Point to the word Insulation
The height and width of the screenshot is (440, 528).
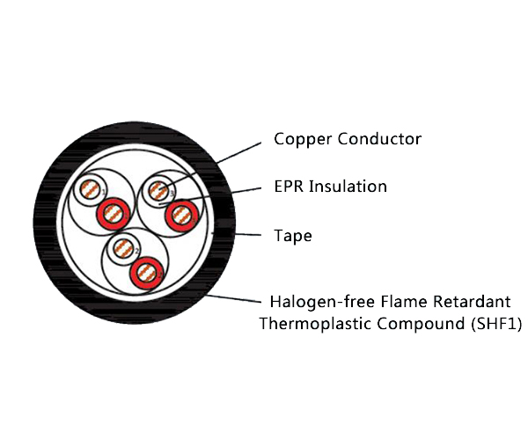pos(348,187)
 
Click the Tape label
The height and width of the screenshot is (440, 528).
pos(293,236)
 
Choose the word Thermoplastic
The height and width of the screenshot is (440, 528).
pos(312,324)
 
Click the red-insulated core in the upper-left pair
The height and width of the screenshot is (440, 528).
pos(113,212)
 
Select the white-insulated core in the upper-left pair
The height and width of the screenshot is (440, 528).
pos(89,189)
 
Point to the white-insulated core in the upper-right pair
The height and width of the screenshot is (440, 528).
pos(159,189)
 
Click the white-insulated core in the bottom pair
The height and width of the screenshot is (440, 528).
pos(123,249)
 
